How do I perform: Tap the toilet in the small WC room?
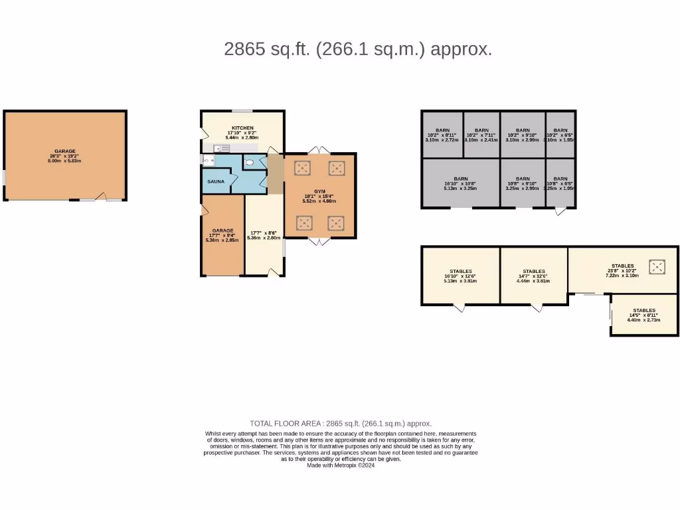pos(250,161)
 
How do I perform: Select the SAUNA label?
pos(216,181)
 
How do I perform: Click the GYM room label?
pos(320,191)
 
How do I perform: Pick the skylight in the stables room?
pos(657,267)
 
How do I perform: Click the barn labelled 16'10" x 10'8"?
pos(461,183)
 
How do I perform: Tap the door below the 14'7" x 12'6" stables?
pos(536,307)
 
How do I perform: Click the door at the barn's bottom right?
pos(560,212)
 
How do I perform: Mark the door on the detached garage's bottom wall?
pos(100,197)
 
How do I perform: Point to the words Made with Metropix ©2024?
pos(341,466)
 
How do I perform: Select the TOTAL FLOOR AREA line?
pos(341,423)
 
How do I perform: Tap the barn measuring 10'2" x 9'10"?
pos(523,135)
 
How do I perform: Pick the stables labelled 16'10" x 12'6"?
pos(461,276)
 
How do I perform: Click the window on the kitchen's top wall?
pos(242,111)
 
